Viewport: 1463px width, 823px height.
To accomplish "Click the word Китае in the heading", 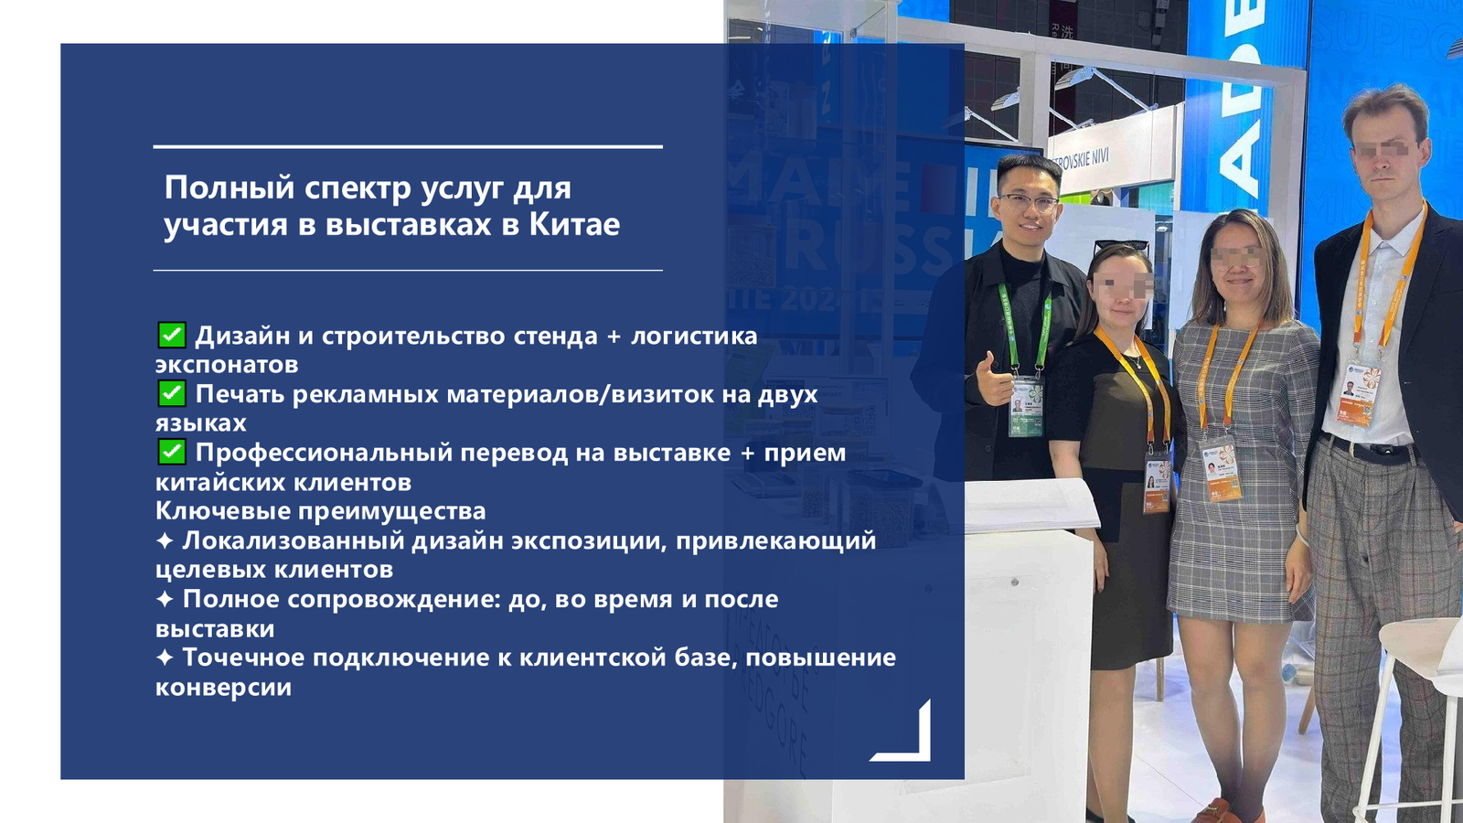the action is (x=575, y=224).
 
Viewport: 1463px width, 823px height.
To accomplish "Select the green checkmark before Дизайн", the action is (x=172, y=335).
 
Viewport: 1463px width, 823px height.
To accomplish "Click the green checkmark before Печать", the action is (x=172, y=393).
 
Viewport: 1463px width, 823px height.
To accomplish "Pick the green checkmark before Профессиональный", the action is (x=172, y=452).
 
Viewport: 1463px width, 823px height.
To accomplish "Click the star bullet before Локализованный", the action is (x=165, y=540).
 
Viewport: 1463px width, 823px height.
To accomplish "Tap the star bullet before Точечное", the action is (x=165, y=657).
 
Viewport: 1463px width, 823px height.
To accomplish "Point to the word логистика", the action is (x=694, y=336).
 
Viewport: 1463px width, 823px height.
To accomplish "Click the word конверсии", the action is (x=223, y=687).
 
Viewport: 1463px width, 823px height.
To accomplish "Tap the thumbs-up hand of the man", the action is (x=993, y=380).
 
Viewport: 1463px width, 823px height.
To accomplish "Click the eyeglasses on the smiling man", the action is (x=1028, y=203).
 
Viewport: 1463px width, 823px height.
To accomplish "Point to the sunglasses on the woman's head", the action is (x=1121, y=246).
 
